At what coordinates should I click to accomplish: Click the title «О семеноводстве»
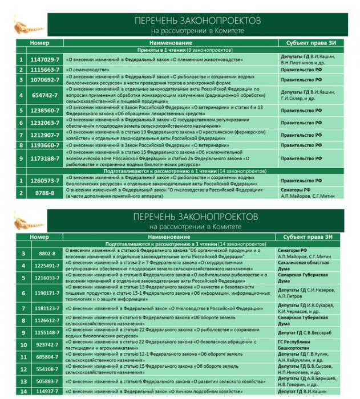86,70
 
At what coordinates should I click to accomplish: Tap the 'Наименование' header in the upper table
171,43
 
